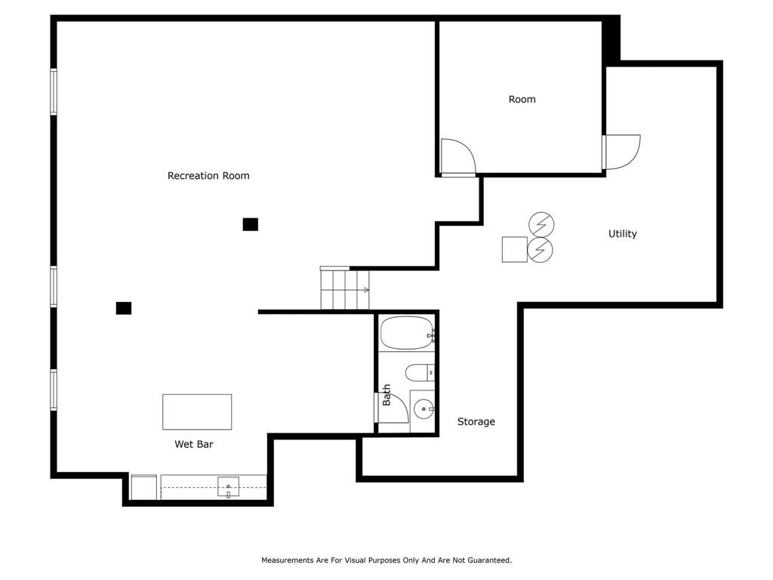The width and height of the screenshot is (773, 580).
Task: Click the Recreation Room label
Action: click(x=208, y=175)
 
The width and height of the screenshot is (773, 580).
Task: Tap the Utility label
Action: click(x=622, y=234)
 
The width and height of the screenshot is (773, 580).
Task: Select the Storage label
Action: click(x=476, y=421)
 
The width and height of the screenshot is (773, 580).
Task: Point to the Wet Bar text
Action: click(x=194, y=444)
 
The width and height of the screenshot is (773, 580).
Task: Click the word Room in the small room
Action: click(x=522, y=99)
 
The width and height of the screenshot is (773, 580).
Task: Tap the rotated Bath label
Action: click(x=386, y=395)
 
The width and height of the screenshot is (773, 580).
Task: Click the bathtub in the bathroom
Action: click(x=407, y=333)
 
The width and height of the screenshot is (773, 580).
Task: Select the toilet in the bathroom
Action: click(x=420, y=372)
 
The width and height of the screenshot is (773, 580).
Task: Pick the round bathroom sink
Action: click(x=423, y=409)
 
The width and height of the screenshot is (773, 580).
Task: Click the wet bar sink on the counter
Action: click(x=228, y=487)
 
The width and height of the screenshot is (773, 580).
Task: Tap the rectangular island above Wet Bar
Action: click(x=197, y=412)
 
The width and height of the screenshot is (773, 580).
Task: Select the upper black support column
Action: click(x=251, y=224)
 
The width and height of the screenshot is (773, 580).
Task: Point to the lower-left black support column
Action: click(x=124, y=308)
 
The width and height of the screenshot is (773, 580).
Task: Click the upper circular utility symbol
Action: click(x=541, y=224)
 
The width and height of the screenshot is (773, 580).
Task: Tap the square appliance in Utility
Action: click(x=515, y=249)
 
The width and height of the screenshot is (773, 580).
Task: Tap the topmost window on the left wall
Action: click(x=54, y=91)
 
